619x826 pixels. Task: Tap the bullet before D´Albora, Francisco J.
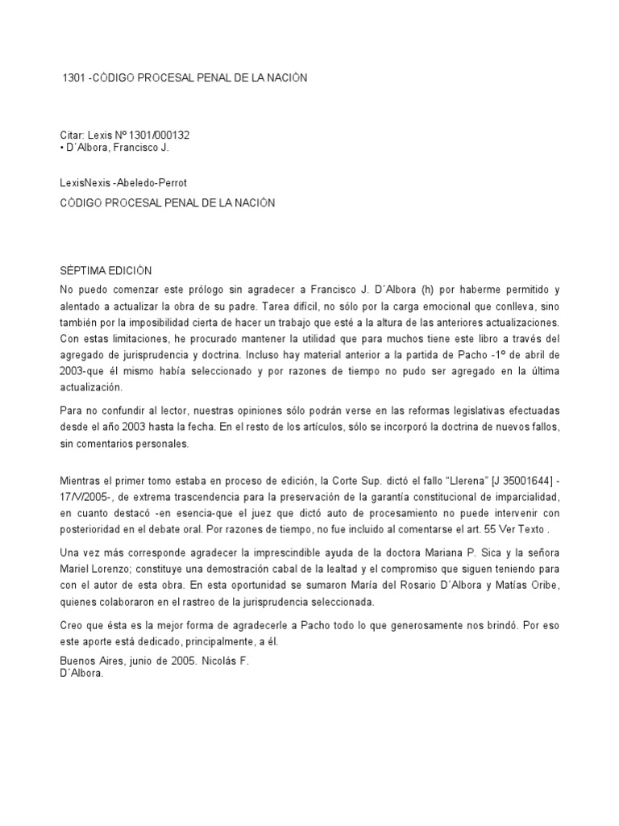pyautogui.click(x=63, y=148)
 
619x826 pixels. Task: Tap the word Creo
pyautogui.click(x=73, y=625)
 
